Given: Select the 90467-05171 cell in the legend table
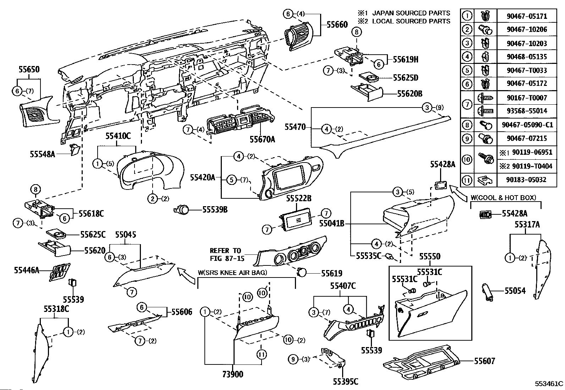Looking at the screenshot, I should pos(527,16).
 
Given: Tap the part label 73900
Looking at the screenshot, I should pos(233,374).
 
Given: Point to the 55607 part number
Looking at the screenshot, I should pos(484,361).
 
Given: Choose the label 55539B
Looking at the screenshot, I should pos(215,210).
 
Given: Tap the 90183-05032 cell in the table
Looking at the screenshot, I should pos(527,180).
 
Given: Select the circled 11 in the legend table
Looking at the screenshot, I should pos(467,180).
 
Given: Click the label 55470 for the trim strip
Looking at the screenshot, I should pos(295,127).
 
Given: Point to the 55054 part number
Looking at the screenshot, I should pos(515,291).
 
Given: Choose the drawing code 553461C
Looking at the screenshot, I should pos(549,384).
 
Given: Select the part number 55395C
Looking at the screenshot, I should pos(345,381).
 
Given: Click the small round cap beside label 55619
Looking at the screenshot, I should pos(302,273).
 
